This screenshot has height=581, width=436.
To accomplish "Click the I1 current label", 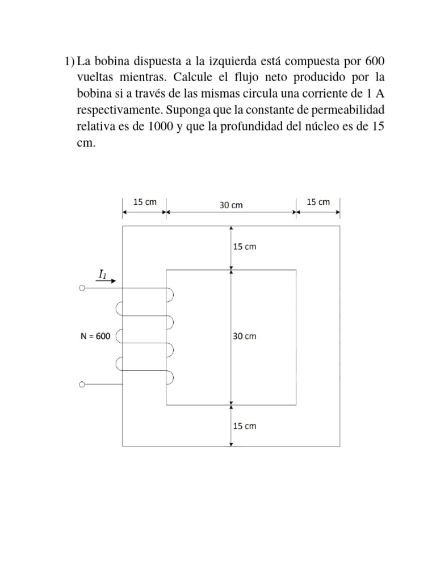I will pyautogui.click(x=102, y=274).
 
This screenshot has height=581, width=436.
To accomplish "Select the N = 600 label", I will pyautogui.click(x=95, y=336).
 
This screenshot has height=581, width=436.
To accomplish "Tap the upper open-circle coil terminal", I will pyautogui.click(x=82, y=288).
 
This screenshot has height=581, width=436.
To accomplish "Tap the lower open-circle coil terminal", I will pyautogui.click(x=82, y=385).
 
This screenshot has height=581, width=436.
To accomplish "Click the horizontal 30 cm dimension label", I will pyautogui.click(x=231, y=205).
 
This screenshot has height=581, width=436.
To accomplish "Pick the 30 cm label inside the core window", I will pyautogui.click(x=244, y=336).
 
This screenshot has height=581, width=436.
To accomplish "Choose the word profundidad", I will pyautogui.click(x=244, y=127).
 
